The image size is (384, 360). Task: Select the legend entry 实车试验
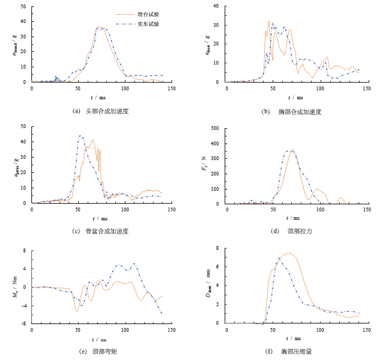[x=148, y=23]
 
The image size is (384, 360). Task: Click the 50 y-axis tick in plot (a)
[x=23, y=6]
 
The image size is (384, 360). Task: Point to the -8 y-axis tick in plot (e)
[x=24, y=324]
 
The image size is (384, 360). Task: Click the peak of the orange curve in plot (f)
[x=289, y=253]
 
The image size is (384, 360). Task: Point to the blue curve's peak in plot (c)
[x=79, y=135]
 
